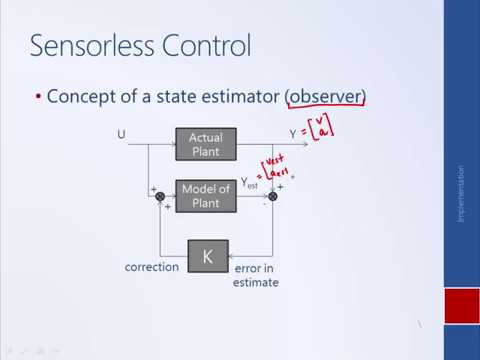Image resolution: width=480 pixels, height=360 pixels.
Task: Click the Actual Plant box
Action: (x=208, y=143)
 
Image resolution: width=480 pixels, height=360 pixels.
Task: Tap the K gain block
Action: (x=208, y=257)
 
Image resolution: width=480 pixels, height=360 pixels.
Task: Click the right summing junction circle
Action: (x=272, y=197)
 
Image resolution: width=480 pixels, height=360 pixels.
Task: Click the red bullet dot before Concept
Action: (x=38, y=97)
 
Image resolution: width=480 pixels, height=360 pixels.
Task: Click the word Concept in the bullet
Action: (x=83, y=97)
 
